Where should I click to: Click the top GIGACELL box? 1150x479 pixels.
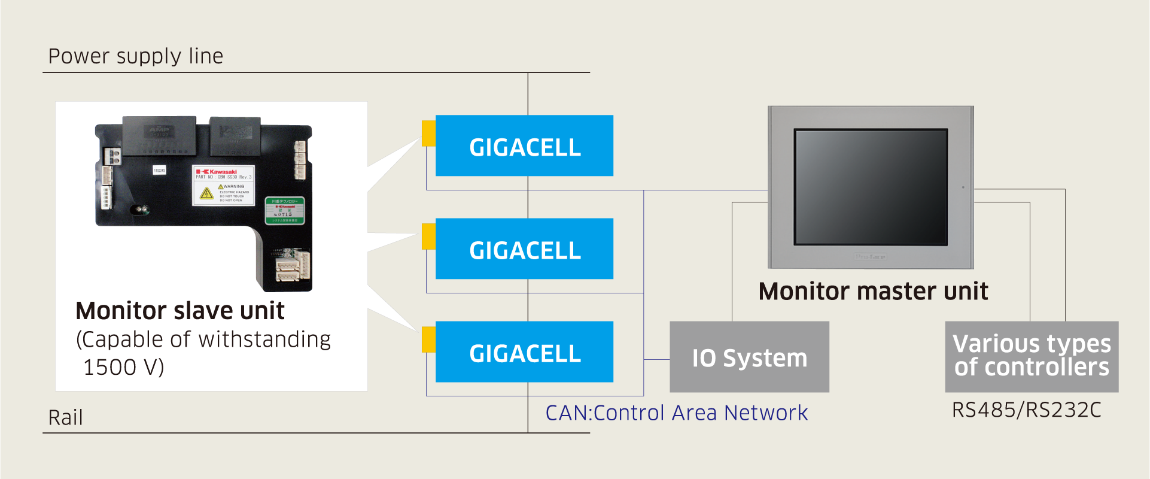click(524, 145)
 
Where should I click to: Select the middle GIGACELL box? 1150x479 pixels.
click(524, 248)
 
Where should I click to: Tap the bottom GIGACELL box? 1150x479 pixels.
click(524, 351)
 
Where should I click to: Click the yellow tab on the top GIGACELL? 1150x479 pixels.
click(428, 133)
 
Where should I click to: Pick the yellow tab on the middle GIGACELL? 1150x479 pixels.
click(428, 237)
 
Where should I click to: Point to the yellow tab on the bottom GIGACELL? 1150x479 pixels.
click(428, 339)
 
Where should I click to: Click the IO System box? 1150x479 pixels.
click(749, 357)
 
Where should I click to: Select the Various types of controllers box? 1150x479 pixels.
click(1032, 356)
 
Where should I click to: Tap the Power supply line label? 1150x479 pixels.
click(136, 56)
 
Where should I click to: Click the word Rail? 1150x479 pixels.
click(65, 417)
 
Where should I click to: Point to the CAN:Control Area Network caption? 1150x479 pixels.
click(676, 413)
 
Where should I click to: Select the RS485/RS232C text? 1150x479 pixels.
click(1026, 410)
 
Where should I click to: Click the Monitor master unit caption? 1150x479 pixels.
click(873, 292)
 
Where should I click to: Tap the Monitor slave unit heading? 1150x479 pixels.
click(180, 311)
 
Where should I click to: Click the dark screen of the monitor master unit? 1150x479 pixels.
click(871, 187)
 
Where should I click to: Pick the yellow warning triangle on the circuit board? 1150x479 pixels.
click(206, 193)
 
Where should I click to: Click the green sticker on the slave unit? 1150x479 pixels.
click(285, 211)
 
